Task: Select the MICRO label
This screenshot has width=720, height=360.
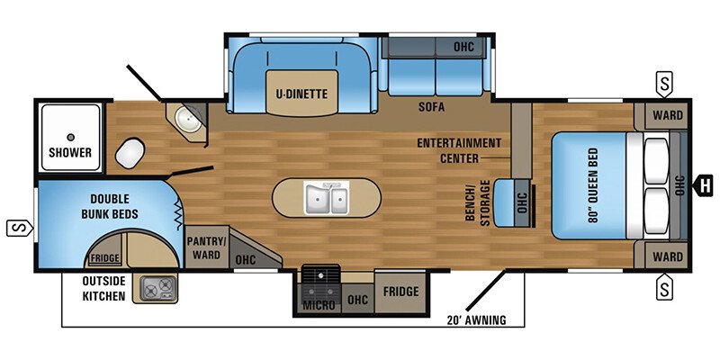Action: (x=319, y=306)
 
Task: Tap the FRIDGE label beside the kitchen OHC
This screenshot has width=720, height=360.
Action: (x=400, y=292)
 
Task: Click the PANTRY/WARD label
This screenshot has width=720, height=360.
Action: (x=204, y=247)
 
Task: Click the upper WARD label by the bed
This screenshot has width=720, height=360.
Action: (x=667, y=116)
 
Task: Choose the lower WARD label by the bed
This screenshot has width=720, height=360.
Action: (x=667, y=256)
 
